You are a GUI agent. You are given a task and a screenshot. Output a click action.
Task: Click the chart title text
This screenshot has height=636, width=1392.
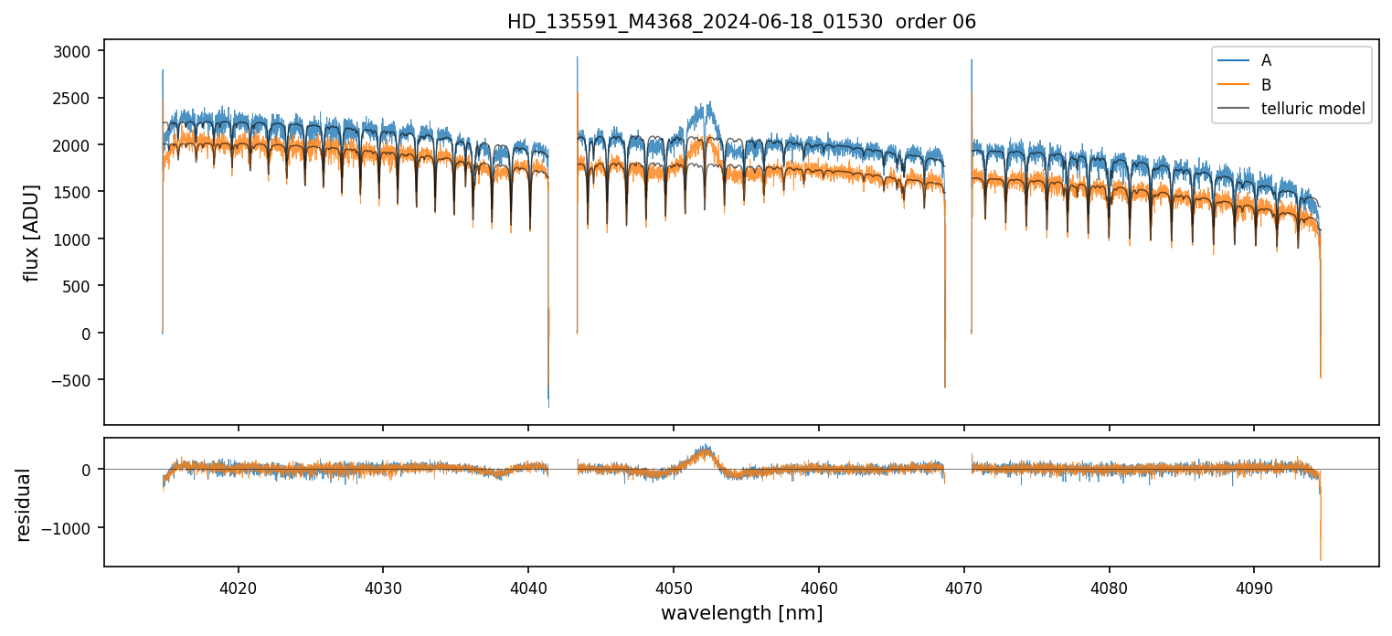[x=741, y=22]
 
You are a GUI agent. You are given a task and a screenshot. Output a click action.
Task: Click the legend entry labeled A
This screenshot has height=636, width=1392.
[x=1266, y=60]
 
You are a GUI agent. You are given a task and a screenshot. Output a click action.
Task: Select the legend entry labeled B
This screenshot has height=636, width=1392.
[x=1266, y=85]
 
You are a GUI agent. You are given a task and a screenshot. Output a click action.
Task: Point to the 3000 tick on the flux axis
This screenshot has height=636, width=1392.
[x=73, y=51]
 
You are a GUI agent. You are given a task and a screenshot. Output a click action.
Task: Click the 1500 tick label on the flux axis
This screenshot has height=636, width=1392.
[x=73, y=192]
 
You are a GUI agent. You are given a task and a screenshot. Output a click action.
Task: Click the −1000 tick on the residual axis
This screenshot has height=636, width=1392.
[x=70, y=528]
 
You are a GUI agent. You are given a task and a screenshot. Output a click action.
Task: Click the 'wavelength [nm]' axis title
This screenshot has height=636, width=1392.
[x=741, y=613]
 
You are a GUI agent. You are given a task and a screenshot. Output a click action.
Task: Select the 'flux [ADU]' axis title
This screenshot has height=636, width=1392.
[x=32, y=232]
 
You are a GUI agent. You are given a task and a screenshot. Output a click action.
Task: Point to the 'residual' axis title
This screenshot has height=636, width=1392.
[x=24, y=504]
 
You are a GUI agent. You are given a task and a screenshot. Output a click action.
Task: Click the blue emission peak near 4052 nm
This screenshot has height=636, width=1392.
[x=708, y=103]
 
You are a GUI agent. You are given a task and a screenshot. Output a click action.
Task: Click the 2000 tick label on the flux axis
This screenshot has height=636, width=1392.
[x=73, y=145]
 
